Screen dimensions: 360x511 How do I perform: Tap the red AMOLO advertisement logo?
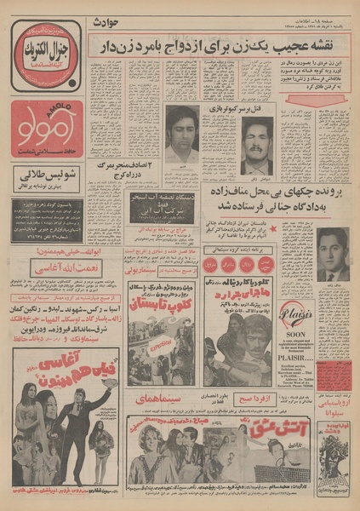48,131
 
